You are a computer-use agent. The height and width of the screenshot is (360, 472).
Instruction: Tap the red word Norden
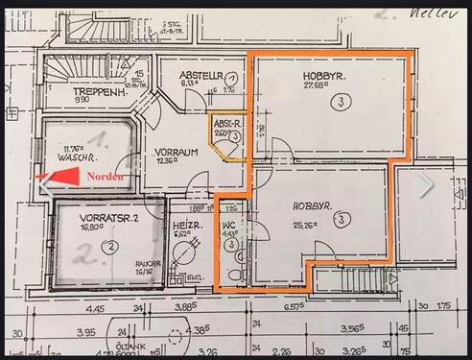[x=105, y=178]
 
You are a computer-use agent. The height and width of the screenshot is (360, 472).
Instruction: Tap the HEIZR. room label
[x=187, y=225]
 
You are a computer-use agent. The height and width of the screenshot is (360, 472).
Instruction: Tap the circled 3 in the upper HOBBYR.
[x=340, y=101]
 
